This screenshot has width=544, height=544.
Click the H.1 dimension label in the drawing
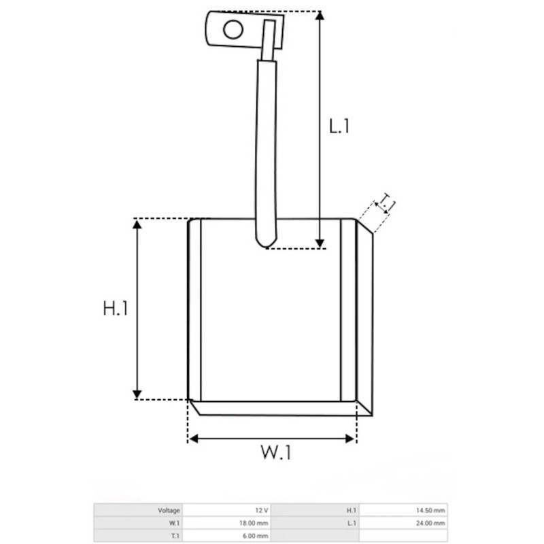pyautogui.click(x=116, y=309)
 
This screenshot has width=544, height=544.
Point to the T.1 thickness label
pyautogui.click(x=386, y=203)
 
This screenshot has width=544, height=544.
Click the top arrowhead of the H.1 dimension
pyautogui.click(x=138, y=225)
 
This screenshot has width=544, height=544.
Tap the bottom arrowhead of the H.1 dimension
pyautogui.click(x=138, y=394)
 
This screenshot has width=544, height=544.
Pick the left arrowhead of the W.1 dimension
pyautogui.click(x=194, y=439)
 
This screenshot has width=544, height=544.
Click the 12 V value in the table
pyautogui.click(x=261, y=510)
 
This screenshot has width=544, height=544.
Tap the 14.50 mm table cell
pyautogui.click(x=433, y=510)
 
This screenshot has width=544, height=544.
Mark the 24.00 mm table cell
pyautogui.click(x=433, y=523)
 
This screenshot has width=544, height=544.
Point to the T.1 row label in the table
pyautogui.click(x=175, y=536)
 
